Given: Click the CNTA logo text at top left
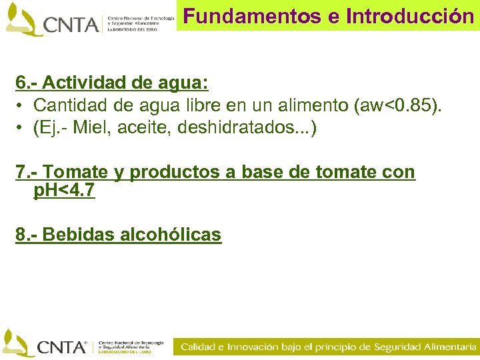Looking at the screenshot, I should [x=71, y=24].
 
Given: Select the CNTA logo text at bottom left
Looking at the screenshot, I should [x=62, y=347].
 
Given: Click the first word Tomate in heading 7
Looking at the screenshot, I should [x=75, y=173].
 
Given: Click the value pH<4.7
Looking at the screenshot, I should [x=64, y=191].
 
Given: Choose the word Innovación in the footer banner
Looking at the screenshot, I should [x=261, y=347].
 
